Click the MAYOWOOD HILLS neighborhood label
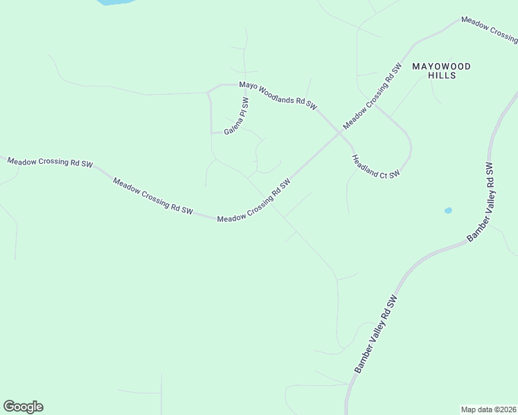(441, 71)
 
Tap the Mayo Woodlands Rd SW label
(278, 95)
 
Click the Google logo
(23, 407)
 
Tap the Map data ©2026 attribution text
(488, 409)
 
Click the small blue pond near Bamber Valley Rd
(448, 210)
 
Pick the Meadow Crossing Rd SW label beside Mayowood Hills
(373, 97)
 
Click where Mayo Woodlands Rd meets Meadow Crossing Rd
(339, 132)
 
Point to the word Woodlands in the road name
(276, 95)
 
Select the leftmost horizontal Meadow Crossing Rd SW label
(50, 162)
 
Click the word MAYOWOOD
(441, 66)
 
